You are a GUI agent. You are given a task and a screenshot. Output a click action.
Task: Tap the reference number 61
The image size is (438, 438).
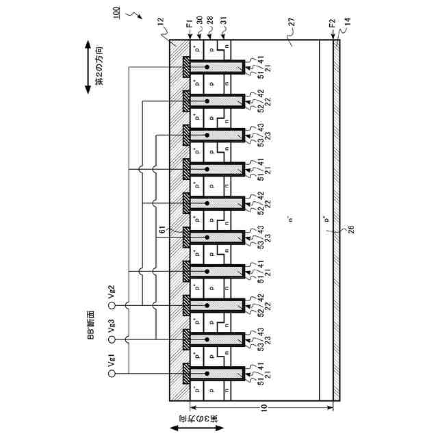[x=163, y=232]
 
